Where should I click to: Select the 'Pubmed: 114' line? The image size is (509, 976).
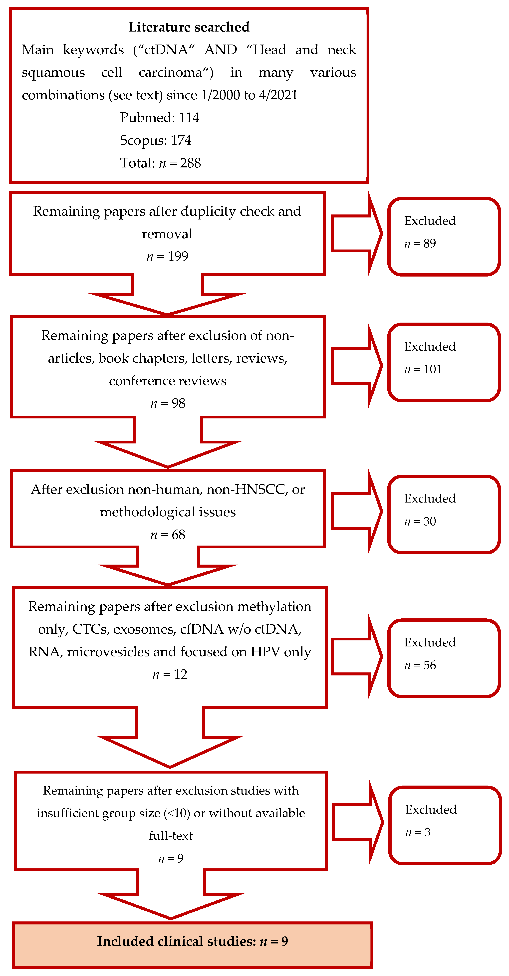[159, 118]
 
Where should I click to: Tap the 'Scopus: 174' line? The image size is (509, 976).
[156, 141]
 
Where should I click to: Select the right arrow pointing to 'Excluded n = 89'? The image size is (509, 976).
[356, 233]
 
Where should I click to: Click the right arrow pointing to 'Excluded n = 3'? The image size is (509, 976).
[358, 822]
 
